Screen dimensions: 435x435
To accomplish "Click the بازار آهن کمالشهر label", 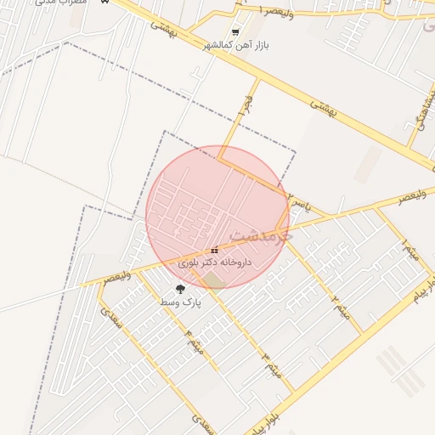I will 240,44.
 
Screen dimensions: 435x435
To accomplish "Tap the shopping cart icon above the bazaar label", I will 235,32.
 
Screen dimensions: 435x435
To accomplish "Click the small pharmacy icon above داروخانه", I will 213,251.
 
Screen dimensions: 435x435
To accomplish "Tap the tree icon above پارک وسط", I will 180,290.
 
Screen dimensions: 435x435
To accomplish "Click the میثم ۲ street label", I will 341,306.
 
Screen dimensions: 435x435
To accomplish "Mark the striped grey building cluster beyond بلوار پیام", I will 400,371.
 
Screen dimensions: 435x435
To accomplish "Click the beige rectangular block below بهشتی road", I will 367,164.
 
